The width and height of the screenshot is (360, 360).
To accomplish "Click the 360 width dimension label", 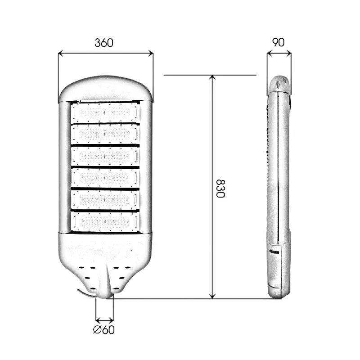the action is [104, 43].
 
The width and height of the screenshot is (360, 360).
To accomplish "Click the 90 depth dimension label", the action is [278, 42].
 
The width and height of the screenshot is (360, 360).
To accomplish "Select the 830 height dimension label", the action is [220, 189].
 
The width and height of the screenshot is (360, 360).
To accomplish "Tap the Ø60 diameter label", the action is [104, 330].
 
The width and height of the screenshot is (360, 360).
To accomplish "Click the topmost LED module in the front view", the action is [104, 112].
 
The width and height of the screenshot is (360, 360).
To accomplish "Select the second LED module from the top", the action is [104, 134].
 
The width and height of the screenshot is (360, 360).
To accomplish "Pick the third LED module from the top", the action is [104, 156].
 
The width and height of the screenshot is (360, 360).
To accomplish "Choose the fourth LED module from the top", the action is [104, 178].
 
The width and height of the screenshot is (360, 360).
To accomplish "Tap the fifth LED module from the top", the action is [105, 200].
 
